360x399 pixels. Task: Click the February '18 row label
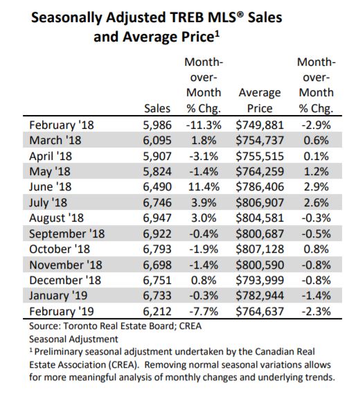click(x=62, y=125)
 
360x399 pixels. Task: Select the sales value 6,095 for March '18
click(x=157, y=141)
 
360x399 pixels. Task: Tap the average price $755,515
click(x=260, y=157)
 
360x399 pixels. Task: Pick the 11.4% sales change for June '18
click(x=204, y=187)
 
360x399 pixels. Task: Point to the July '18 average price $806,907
click(x=260, y=203)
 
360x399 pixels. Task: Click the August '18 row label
click(x=57, y=218)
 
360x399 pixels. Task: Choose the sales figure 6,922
click(x=157, y=234)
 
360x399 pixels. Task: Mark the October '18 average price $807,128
click(x=260, y=249)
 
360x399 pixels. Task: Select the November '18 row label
click(x=66, y=265)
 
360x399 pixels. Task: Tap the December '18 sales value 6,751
click(x=157, y=281)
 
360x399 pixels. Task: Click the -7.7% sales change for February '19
click(x=204, y=312)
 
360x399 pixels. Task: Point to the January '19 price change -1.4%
click(x=316, y=296)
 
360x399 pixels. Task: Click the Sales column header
click(x=157, y=108)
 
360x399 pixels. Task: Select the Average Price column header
click(x=260, y=100)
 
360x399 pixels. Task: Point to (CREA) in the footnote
click(x=123, y=365)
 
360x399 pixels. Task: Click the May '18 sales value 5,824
click(x=157, y=172)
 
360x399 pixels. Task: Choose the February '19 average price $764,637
click(x=260, y=312)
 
